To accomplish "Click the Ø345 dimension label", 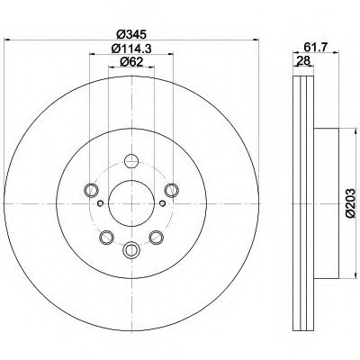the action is tap(131, 34).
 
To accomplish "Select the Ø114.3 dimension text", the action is tap(131, 49).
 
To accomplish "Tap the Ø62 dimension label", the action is tap(131, 62).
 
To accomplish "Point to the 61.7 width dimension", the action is tap(316, 47).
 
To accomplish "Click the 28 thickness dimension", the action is tap(303, 61).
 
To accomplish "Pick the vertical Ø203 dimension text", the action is tap(350, 202).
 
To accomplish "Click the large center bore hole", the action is tap(131, 203).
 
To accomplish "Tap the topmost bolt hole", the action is tap(131, 161).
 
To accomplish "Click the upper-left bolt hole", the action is tap(91, 190).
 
